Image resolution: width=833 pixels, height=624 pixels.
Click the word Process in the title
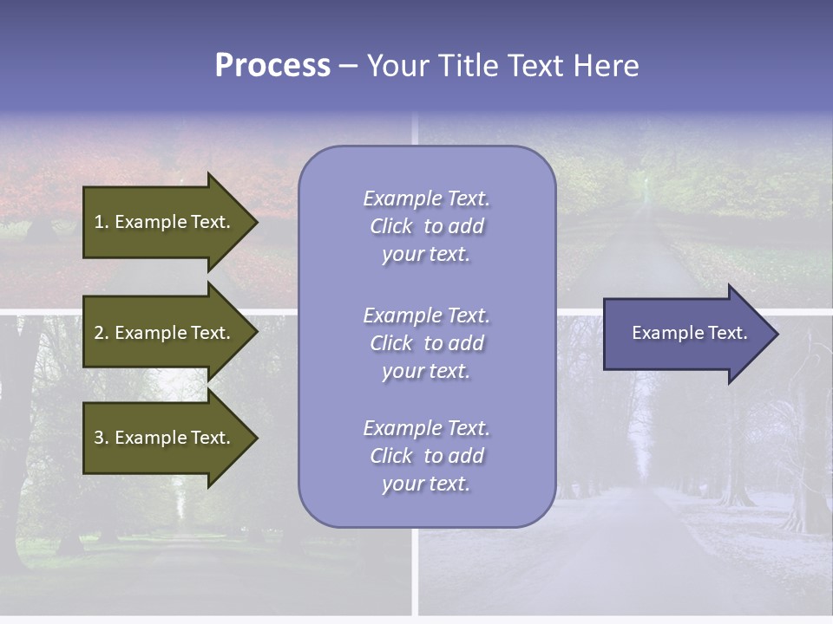click(x=272, y=66)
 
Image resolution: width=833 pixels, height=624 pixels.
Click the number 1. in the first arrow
click(x=101, y=222)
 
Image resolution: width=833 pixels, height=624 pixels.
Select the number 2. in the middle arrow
click(x=101, y=333)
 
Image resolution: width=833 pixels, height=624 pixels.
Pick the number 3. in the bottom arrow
click(x=101, y=438)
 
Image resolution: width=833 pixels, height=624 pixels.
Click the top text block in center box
click(x=426, y=226)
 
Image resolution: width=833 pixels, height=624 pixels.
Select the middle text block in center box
click(x=426, y=343)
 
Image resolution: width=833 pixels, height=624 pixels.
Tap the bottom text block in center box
click(x=426, y=456)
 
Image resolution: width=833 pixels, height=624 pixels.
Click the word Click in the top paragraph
click(x=391, y=227)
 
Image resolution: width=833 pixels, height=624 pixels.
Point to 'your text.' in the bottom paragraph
click(x=426, y=484)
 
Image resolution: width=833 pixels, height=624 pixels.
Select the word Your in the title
click(x=397, y=66)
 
